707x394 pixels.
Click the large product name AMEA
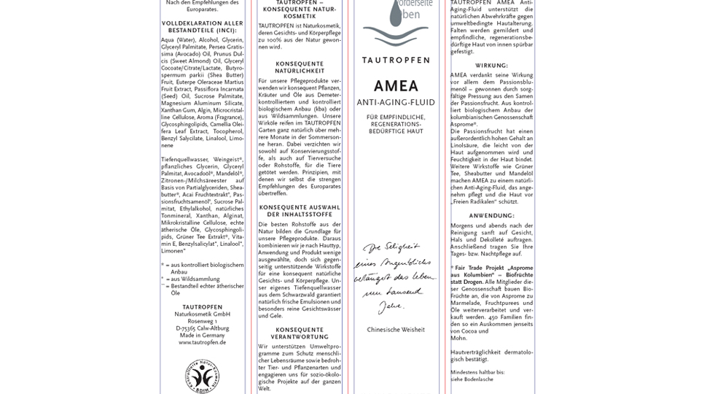396,85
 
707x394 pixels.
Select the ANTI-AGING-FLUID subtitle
396,102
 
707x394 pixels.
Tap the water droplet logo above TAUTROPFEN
396,26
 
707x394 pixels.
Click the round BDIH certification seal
202,375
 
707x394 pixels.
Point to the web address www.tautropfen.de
202,341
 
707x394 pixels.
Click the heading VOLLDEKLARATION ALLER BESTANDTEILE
202,26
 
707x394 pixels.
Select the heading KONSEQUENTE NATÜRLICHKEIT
300,67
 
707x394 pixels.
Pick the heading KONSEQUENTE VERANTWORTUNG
300,333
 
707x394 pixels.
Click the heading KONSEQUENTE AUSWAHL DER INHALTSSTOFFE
300,210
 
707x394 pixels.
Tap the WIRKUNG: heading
491,66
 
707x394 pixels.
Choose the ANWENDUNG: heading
491,215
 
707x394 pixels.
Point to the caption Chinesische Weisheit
396,330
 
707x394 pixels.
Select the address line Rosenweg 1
202,320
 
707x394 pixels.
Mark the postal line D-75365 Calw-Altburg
202,328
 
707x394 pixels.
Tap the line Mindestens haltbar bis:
477,372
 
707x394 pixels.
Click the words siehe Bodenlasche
472,379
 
